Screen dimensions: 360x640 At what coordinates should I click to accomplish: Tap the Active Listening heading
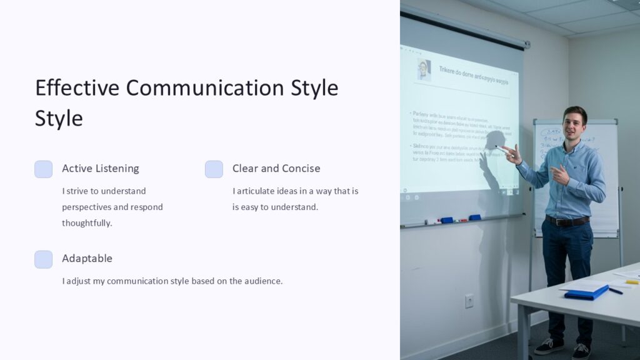point(100,168)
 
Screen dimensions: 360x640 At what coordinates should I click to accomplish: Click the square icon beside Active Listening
point(43,169)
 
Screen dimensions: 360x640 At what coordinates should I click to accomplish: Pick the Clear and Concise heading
point(276,168)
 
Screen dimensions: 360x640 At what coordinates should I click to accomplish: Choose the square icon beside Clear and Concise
point(214,169)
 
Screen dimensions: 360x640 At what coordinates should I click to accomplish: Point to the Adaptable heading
point(87,258)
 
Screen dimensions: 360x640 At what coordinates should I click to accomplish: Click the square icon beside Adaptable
point(43,259)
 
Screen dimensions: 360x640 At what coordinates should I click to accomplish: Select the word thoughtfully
point(87,223)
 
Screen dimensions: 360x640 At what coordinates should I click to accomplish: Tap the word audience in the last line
point(262,281)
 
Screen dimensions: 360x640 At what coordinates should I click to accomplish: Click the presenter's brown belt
point(567,221)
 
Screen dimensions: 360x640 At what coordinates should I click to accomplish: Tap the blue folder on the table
point(586,292)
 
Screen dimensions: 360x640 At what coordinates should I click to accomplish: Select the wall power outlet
point(469,301)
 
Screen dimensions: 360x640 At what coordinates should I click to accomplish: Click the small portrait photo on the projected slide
point(424,69)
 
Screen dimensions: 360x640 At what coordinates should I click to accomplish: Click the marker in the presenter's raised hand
point(502,149)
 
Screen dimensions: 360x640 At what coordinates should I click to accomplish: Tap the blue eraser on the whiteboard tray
point(446,220)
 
